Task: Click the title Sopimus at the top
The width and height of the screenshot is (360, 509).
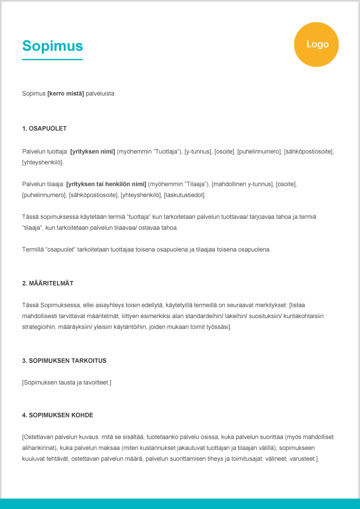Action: (x=52, y=46)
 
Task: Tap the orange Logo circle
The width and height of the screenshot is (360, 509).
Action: (x=316, y=45)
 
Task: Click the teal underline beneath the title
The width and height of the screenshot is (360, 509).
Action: (x=52, y=60)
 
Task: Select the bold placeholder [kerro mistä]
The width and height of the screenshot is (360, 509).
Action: (x=66, y=94)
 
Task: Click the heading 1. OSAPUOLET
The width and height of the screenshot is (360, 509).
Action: (x=44, y=128)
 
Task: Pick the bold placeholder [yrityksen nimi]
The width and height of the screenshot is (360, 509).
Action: (x=93, y=151)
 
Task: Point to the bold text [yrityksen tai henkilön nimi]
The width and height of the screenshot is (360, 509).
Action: (x=106, y=184)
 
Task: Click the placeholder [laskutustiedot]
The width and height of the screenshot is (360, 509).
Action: (x=184, y=195)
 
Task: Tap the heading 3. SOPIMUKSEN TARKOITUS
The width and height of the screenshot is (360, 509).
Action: (x=64, y=360)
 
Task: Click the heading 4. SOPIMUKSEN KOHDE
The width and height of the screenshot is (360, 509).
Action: (x=58, y=415)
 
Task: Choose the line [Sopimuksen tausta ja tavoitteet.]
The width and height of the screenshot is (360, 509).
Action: (x=67, y=382)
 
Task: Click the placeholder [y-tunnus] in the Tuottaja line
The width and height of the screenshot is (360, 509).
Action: (x=198, y=151)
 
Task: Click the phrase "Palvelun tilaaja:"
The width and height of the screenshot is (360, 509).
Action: (x=43, y=184)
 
